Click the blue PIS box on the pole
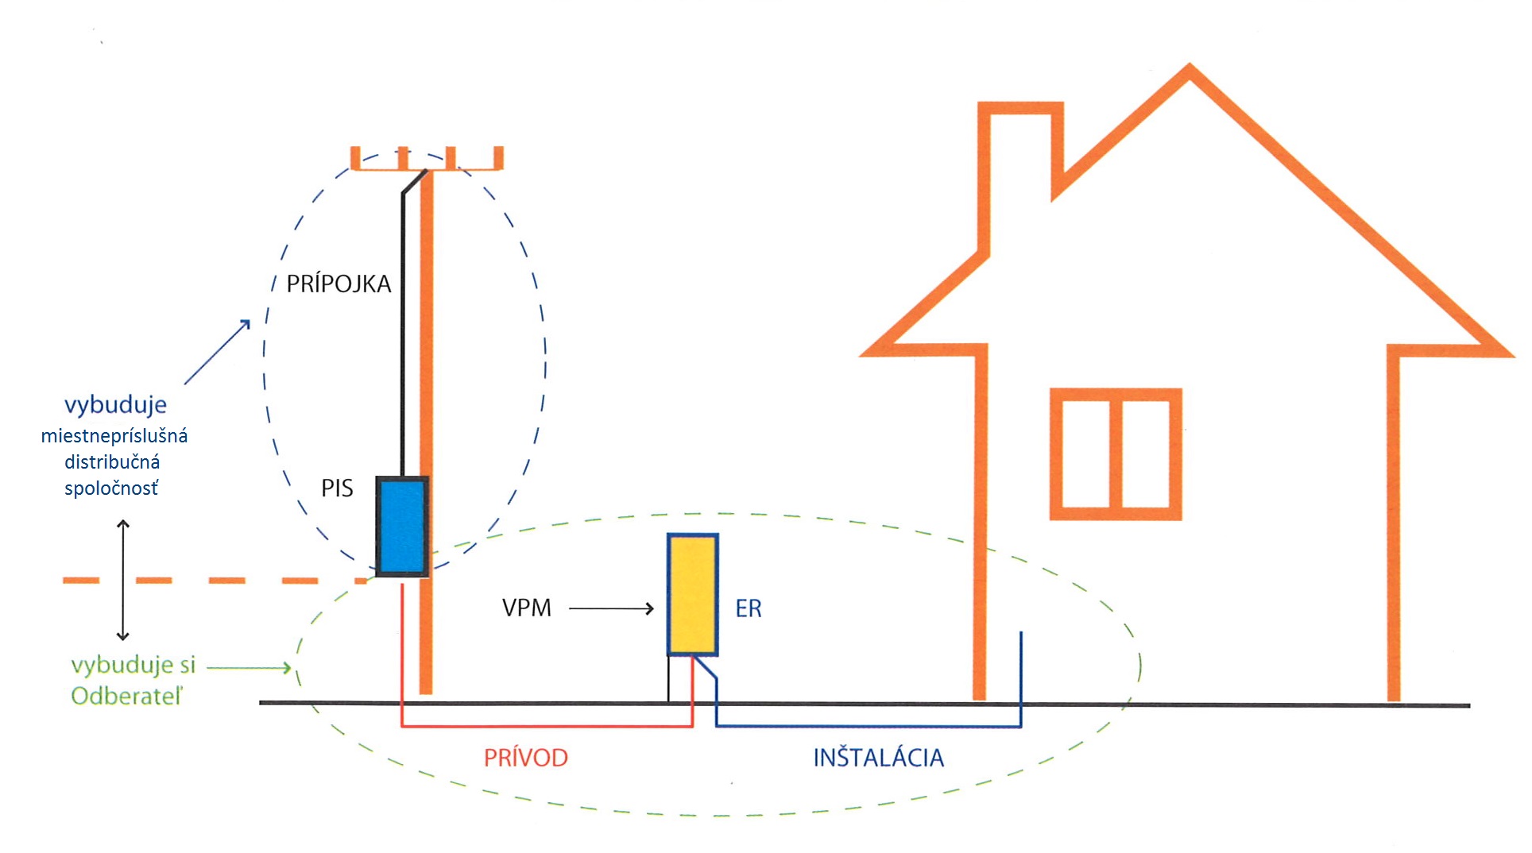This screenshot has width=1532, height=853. click(x=402, y=527)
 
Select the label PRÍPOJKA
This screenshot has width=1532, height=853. click(x=339, y=284)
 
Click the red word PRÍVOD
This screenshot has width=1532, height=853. click(x=526, y=758)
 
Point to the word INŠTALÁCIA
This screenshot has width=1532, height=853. click(x=879, y=757)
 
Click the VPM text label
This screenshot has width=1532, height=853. click(x=527, y=608)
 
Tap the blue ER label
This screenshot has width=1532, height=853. click(x=749, y=609)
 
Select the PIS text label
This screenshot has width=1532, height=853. click(x=337, y=488)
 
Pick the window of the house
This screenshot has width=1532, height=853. click(x=1116, y=454)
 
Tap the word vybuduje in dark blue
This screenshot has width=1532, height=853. click(x=116, y=405)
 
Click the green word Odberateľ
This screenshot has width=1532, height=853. click(x=127, y=697)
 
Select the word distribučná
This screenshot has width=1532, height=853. click(x=112, y=462)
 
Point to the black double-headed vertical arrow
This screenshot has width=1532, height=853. click(x=123, y=580)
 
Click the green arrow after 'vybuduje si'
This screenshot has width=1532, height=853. click(x=250, y=668)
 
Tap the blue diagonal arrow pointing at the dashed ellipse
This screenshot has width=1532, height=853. click(x=218, y=352)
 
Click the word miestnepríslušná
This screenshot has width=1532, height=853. click(x=114, y=436)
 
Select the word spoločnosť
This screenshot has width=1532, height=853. click(x=111, y=488)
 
